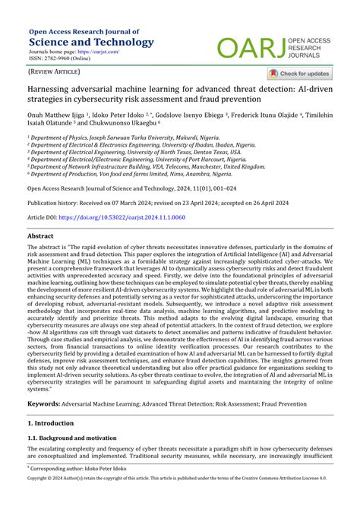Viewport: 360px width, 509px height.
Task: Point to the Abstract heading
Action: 40,236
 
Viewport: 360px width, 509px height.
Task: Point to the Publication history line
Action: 153,204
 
